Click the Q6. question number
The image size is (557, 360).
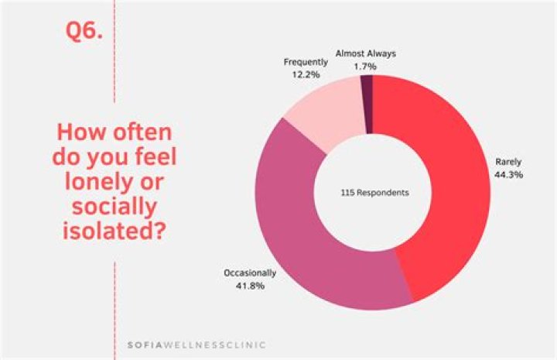(82, 33)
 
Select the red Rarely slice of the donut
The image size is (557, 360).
(448, 194)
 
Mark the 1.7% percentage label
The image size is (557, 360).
(366, 67)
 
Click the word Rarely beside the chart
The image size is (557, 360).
(509, 162)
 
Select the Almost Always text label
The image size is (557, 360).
(366, 54)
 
